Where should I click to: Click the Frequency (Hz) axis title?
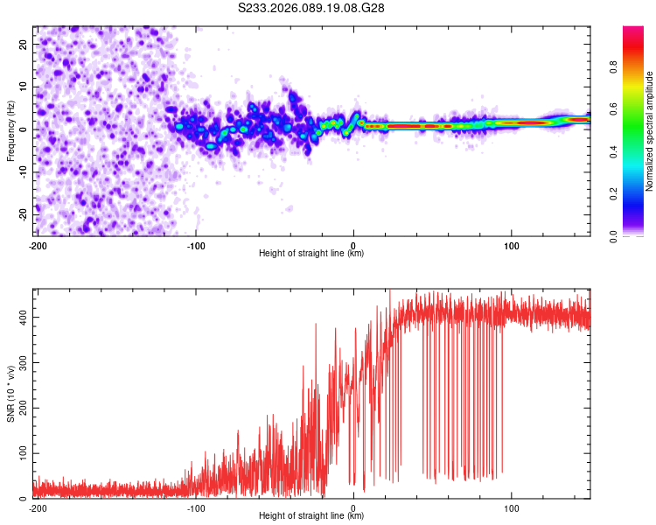point(10,130)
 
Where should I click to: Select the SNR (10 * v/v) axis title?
point(10,393)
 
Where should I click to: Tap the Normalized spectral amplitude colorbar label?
point(650,130)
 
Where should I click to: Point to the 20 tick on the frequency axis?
point(23,44)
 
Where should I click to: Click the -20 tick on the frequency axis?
point(21,214)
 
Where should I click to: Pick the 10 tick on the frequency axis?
point(23,87)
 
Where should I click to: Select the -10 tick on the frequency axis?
point(21,171)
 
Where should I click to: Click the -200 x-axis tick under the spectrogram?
point(38,244)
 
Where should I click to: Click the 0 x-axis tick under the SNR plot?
point(353,507)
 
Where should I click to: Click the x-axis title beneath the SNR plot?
point(311,516)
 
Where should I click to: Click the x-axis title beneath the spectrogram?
point(311,254)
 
